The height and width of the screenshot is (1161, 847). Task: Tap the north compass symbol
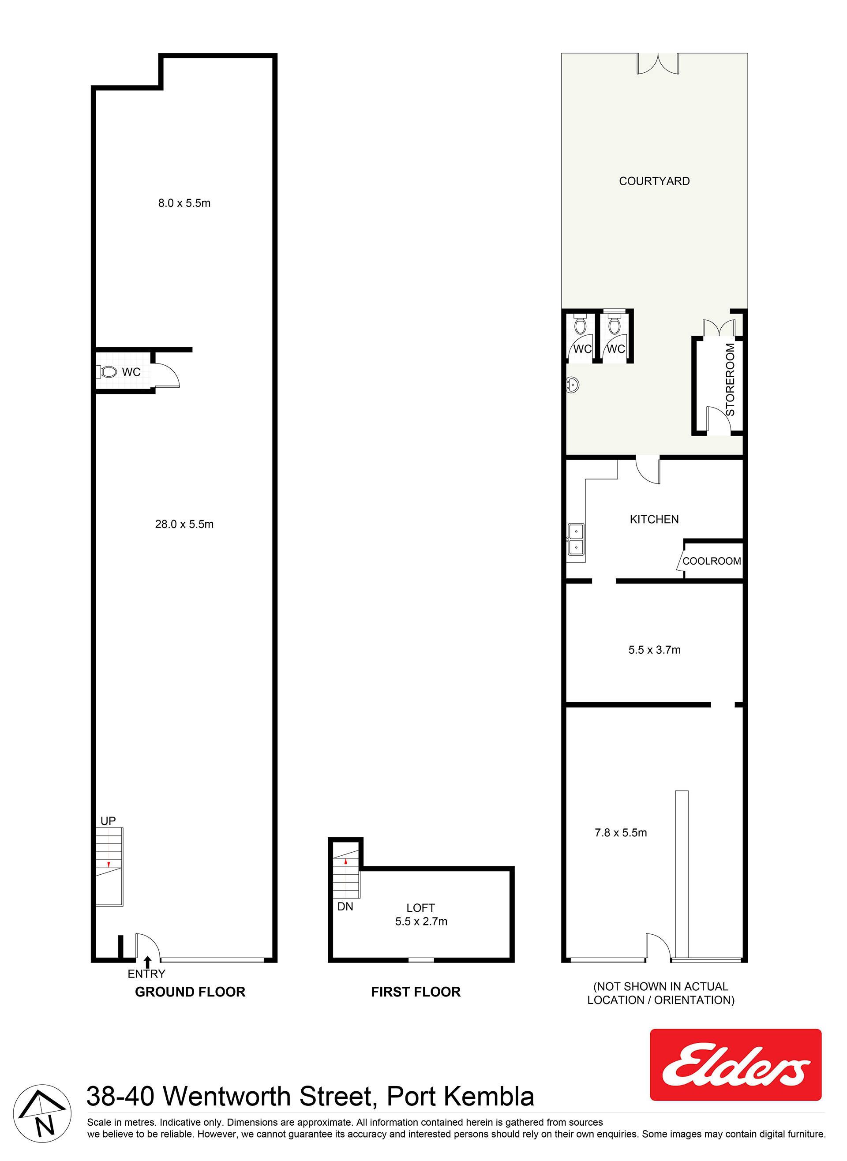coord(42,1113)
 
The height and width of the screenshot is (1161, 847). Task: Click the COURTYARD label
coord(654,181)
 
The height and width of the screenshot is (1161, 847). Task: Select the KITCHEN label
coord(654,519)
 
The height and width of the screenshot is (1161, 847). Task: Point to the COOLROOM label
coord(712,561)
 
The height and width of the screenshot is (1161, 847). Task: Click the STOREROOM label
coord(730,379)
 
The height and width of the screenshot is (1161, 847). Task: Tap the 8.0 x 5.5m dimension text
coord(184,203)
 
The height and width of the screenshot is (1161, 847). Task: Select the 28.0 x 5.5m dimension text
coord(184,524)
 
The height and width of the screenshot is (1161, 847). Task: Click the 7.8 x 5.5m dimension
coord(620,833)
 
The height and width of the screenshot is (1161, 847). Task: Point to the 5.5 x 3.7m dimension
coord(654,650)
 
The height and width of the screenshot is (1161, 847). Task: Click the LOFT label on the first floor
coord(420,908)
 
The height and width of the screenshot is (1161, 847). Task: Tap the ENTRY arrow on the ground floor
coord(148,962)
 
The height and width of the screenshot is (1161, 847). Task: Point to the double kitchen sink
coord(576,540)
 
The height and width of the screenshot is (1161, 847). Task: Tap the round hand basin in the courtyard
coord(573,384)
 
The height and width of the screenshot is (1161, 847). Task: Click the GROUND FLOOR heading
coord(190,992)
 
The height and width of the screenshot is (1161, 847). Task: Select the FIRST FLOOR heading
coord(416,992)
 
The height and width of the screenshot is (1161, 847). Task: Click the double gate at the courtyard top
coord(658,64)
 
